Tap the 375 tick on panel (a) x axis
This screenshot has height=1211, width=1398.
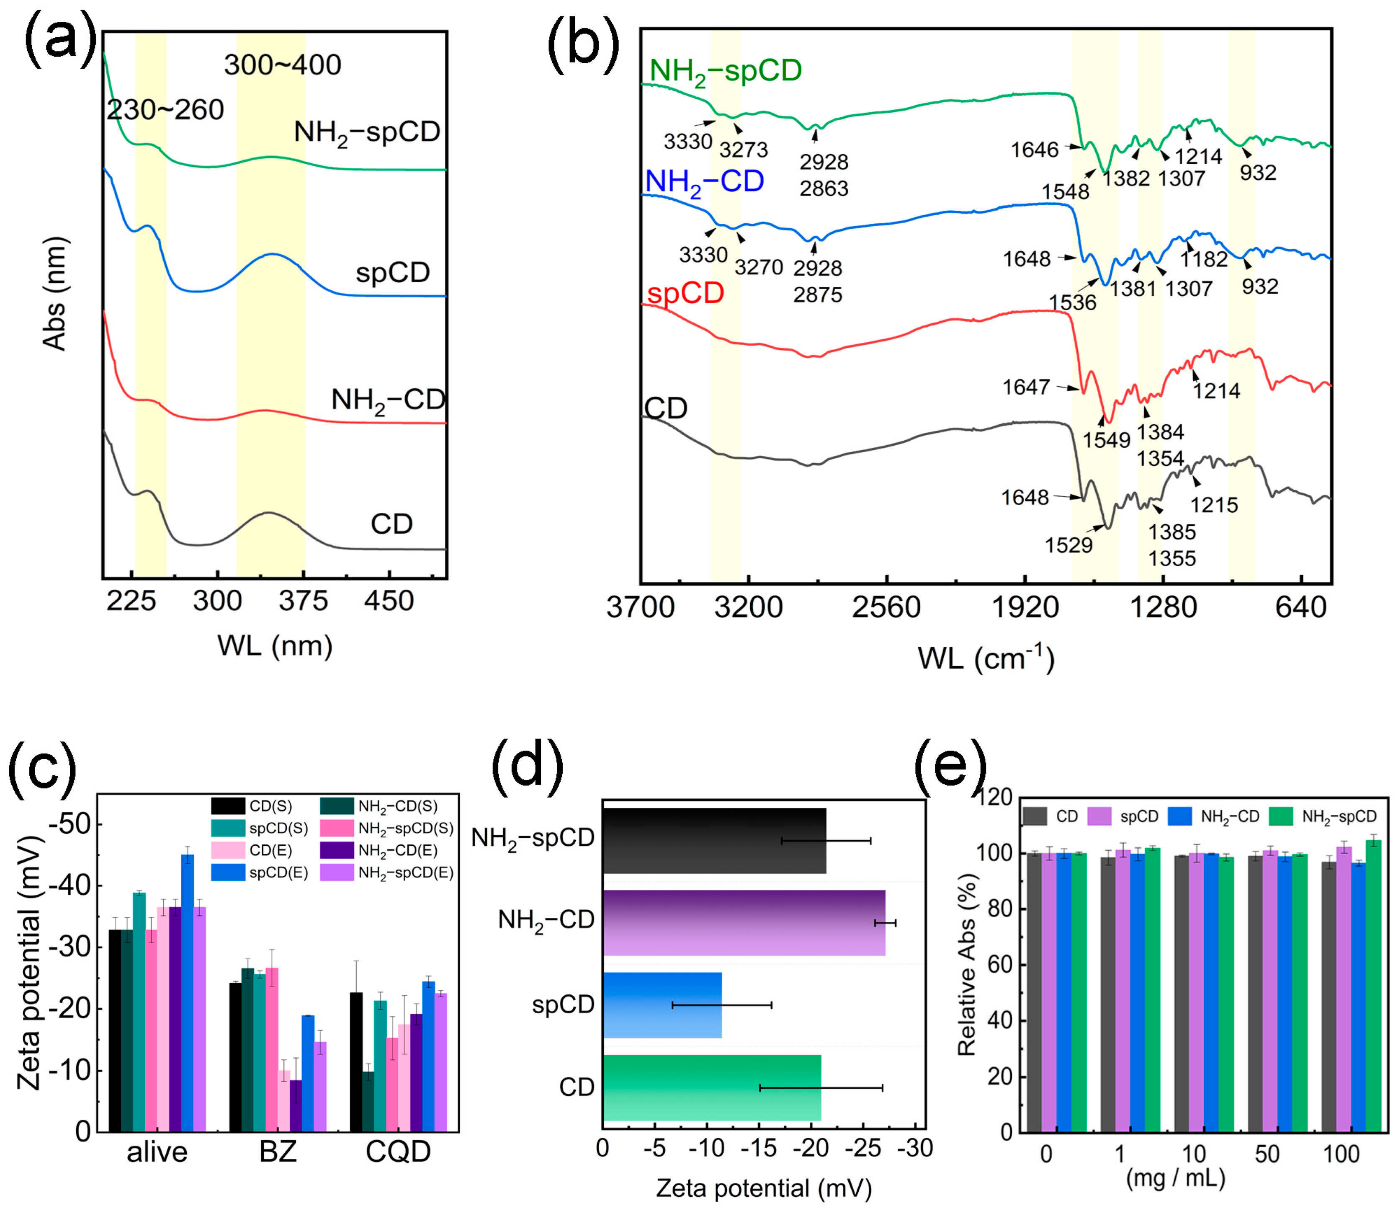coord(303,600)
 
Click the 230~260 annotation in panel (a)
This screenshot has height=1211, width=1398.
coord(165,109)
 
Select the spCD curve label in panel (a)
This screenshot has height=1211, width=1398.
coord(392,272)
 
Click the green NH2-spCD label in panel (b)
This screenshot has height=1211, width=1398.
coord(725,71)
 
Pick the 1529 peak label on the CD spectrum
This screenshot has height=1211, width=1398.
coord(1068,545)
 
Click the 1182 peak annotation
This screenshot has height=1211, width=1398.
coord(1203,259)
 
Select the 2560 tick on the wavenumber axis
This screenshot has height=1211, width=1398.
coord(886,607)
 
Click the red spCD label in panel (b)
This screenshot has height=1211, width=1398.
coord(685,293)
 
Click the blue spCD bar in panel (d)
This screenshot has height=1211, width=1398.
coord(662,1005)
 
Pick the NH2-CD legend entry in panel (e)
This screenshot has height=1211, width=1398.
coord(1215,816)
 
